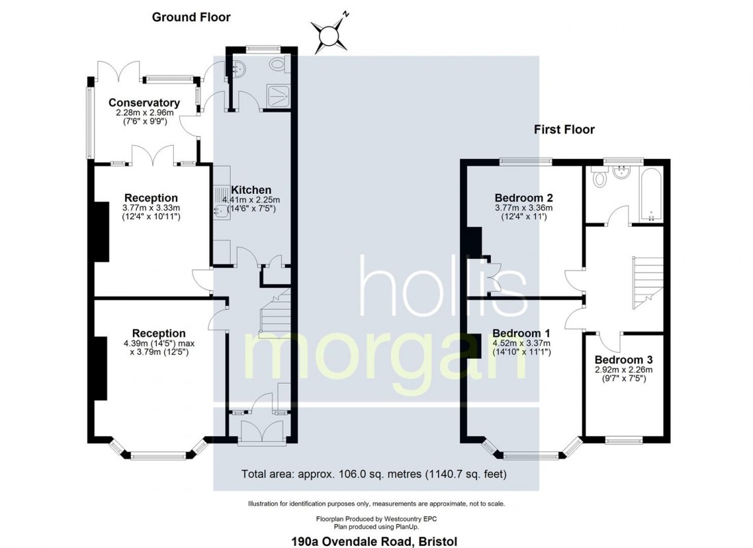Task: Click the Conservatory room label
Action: coord(144,102)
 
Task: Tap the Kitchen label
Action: coord(251,190)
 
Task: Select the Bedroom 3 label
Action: coord(624,360)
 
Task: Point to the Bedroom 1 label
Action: coord(522,333)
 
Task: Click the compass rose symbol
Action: coord(330,35)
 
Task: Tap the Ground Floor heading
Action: coord(191,17)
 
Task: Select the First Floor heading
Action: coord(564,129)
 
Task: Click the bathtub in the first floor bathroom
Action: coord(651,195)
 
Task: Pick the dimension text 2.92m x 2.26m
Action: coord(624,370)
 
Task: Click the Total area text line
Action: coord(374,474)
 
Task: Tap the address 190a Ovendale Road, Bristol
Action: coord(374,541)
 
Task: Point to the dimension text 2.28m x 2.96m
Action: coord(144,112)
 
